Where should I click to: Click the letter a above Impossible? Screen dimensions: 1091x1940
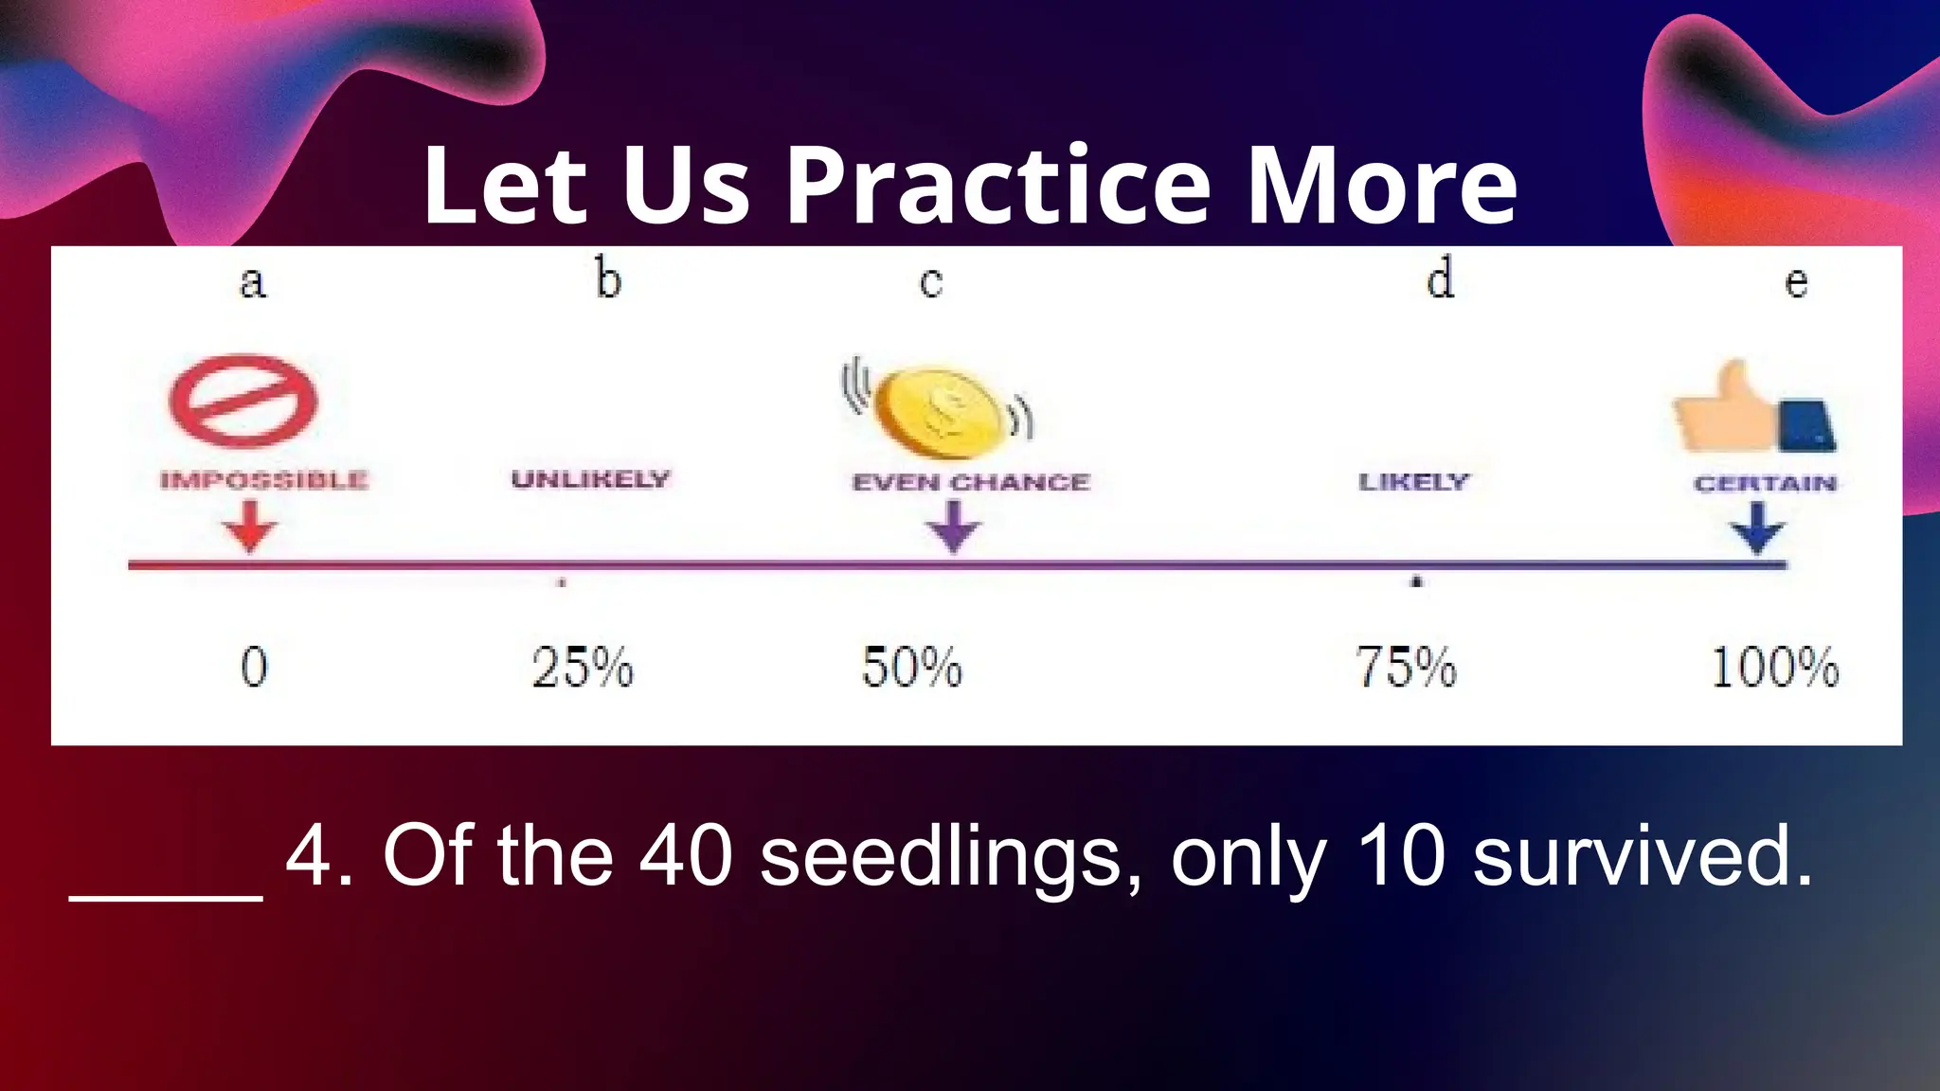click(252, 282)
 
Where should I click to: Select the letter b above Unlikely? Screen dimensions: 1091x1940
click(608, 279)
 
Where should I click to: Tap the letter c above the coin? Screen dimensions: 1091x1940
click(931, 282)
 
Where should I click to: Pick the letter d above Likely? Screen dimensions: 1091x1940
click(1440, 278)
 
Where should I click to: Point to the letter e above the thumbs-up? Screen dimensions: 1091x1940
click(1796, 282)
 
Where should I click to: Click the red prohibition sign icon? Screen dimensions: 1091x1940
click(243, 401)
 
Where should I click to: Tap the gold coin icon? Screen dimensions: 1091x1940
click(939, 413)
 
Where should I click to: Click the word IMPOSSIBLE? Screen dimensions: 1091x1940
click(264, 480)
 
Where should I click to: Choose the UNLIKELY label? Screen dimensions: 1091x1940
click(591, 479)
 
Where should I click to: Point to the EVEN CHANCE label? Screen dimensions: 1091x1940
click(971, 482)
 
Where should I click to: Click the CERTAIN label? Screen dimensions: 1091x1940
click(1765, 484)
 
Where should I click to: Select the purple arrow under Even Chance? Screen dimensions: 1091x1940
click(954, 526)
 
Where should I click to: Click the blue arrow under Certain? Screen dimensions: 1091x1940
click(1758, 527)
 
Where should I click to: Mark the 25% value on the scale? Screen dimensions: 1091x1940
click(583, 667)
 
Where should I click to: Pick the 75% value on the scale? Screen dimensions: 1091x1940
click(1406, 667)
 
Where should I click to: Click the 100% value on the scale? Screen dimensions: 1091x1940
click(1775, 667)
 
